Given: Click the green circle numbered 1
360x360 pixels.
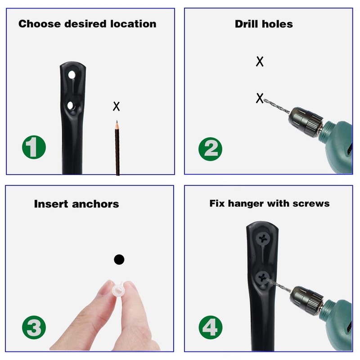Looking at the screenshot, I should click(34, 147).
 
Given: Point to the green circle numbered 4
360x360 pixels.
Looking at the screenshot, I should click(210, 328).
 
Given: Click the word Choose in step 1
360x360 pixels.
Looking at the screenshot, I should click(39, 24).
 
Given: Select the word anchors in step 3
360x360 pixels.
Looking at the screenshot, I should click(96, 204).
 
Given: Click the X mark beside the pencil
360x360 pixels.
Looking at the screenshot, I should click(116, 107).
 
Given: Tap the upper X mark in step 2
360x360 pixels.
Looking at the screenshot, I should click(260, 62).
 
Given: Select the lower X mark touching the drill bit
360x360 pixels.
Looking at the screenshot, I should click(260, 98).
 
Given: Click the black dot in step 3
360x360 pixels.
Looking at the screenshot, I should click(119, 260).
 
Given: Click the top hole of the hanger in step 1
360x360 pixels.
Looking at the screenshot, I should click(71, 75).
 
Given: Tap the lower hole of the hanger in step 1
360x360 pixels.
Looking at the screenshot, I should click(71, 106).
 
